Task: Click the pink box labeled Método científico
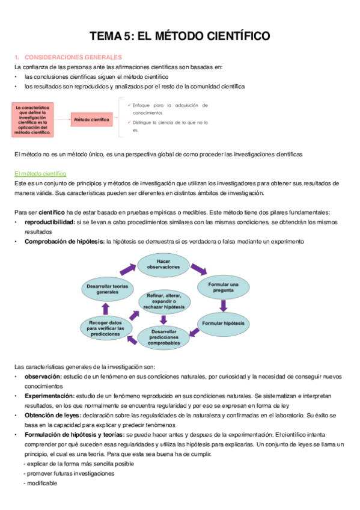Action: click(x=91, y=120)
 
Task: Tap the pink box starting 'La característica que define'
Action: click(x=34, y=120)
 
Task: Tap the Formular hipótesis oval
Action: click(x=223, y=324)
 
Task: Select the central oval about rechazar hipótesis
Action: click(x=163, y=301)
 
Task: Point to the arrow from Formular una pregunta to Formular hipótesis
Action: click(x=223, y=306)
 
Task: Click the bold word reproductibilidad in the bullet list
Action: click(x=49, y=222)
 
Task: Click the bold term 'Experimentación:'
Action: click(x=49, y=396)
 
